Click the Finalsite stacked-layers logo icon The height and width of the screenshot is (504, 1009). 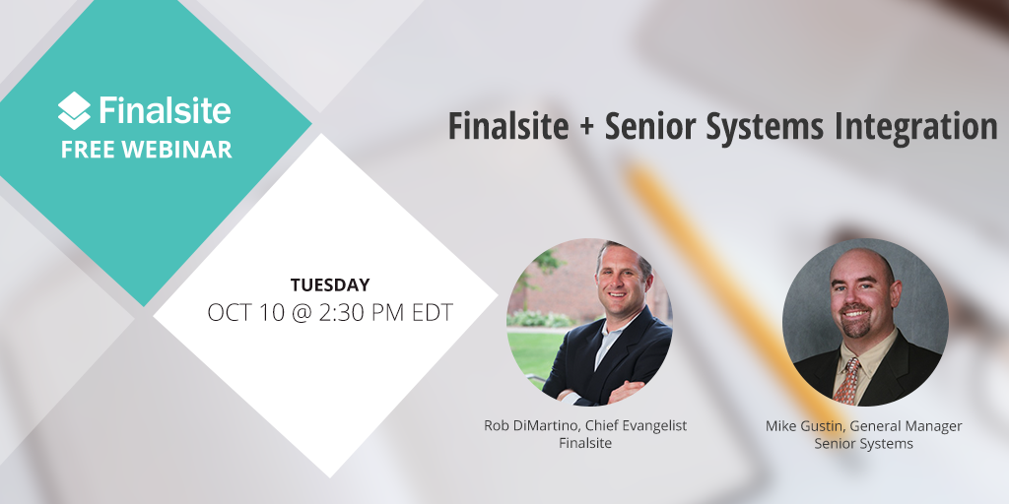pos(75,110)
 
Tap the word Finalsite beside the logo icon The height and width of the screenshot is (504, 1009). pos(165,110)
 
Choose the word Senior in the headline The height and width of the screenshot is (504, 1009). pos(648,128)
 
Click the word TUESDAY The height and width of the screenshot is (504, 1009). pos(330,285)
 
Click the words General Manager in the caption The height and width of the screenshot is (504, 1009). pos(907,425)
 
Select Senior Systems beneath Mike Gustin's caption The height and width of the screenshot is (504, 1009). pos(863,444)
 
